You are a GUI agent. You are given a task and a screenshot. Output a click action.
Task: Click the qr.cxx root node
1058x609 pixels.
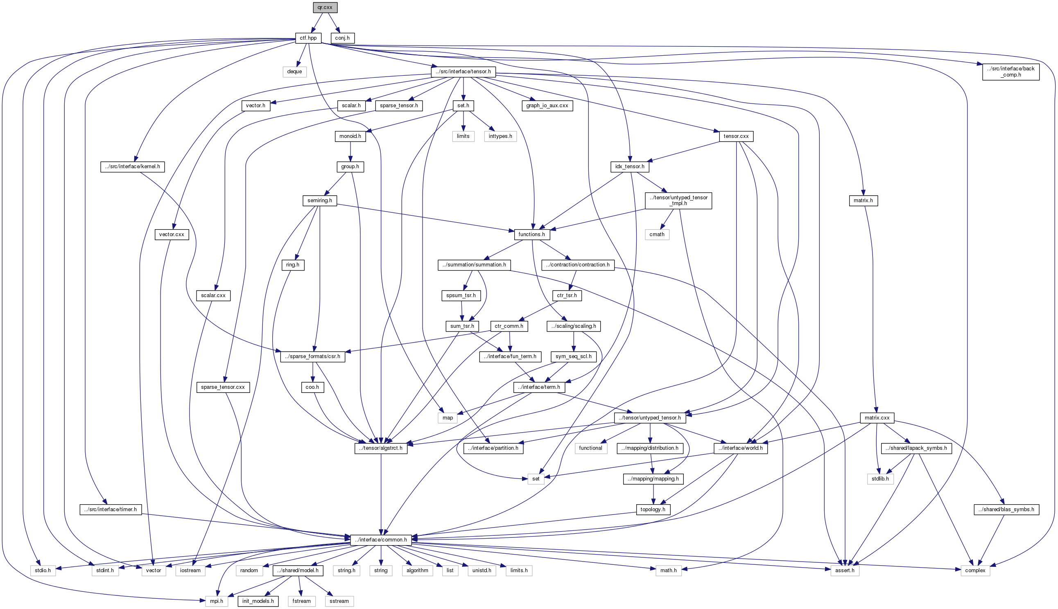[x=325, y=7]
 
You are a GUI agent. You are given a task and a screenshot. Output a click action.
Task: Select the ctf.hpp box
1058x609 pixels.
[x=308, y=38]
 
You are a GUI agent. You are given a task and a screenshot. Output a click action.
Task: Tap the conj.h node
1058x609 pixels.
[x=342, y=38]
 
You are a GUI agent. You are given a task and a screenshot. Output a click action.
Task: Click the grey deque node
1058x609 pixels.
[x=294, y=72]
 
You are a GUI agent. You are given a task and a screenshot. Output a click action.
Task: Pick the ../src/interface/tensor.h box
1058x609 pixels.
[x=463, y=72]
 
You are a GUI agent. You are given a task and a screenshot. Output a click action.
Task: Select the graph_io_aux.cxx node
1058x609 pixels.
[x=547, y=106]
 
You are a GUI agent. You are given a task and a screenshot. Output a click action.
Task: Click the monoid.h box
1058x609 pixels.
[x=350, y=136]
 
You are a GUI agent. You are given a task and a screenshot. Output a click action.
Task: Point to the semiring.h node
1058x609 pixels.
[x=320, y=201]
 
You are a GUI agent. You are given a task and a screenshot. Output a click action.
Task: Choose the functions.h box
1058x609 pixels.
[x=532, y=234]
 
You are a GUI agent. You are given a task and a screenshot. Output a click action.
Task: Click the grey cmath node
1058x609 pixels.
[x=657, y=234]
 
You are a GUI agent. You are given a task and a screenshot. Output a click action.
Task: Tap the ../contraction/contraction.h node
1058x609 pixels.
[x=578, y=265]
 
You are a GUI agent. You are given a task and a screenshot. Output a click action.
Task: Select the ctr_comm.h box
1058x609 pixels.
[x=509, y=326]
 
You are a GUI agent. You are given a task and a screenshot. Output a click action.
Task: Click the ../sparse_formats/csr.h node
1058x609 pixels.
[x=312, y=356]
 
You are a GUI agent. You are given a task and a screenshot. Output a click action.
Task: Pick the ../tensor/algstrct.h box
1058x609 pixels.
[x=381, y=448]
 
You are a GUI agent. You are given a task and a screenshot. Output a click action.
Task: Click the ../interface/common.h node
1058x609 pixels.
[x=381, y=539]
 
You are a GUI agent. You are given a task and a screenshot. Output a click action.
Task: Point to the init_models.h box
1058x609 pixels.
[x=258, y=601]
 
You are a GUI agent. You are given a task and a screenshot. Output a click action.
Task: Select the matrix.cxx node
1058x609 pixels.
[x=877, y=417]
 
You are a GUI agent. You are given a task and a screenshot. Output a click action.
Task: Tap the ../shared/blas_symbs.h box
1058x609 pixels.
[x=1006, y=509]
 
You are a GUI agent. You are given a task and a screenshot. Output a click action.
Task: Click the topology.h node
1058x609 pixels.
[x=653, y=509]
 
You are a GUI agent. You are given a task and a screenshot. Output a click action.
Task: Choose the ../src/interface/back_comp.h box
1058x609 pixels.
[x=1011, y=72]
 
